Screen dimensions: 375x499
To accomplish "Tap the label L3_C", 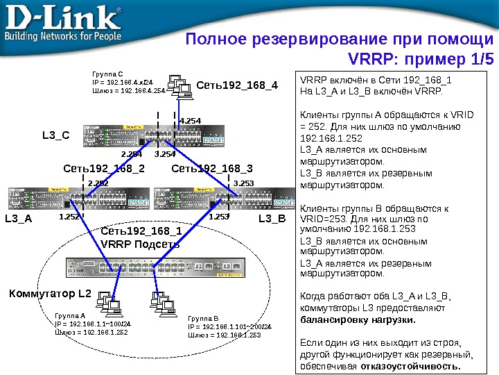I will (56, 135).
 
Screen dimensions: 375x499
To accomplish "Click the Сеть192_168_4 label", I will (237, 86).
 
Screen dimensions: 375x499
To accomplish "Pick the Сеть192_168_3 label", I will (212, 168).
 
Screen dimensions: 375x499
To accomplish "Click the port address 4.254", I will (190, 121).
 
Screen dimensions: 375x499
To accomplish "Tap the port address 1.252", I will (69, 217).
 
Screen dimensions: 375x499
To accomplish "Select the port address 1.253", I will (218, 217).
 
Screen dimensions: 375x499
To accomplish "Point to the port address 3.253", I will (243, 183).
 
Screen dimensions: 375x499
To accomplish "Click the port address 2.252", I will (98, 183).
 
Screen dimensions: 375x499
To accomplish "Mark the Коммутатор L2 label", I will (50, 294).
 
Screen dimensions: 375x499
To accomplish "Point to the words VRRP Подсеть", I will (140, 244).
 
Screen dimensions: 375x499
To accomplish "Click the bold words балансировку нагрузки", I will (357, 321).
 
